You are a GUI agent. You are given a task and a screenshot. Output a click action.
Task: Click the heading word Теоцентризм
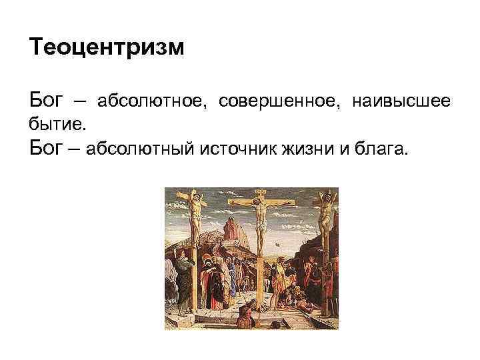[107, 48]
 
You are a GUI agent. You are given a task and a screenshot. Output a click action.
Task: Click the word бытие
[57, 125]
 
